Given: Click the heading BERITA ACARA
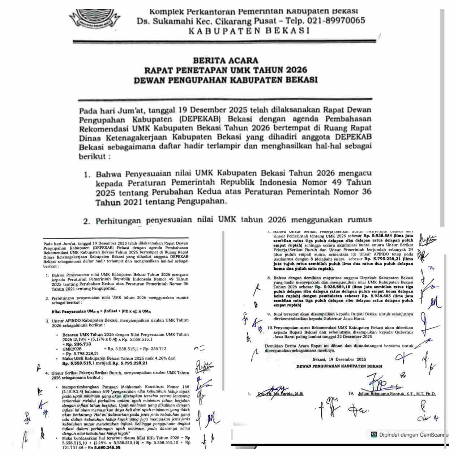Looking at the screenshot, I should tap(226, 60).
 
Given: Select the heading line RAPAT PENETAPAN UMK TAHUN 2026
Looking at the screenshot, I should tap(226, 70).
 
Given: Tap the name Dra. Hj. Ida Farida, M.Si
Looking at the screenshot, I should tap(280, 394).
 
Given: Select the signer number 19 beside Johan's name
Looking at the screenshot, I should tap(351, 394).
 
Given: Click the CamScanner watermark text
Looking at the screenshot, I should tap(413, 435).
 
